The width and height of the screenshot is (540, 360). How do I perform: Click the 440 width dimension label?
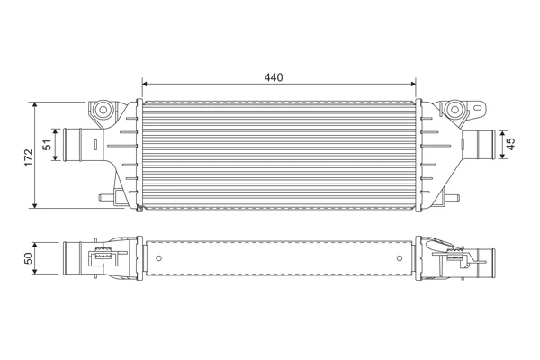[274, 77]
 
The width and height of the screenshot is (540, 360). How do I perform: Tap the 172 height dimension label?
[29, 157]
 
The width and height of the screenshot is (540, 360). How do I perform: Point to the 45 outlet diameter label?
[511, 144]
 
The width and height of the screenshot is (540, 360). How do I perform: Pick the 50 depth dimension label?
[29, 258]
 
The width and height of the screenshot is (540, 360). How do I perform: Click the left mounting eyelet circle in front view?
[103, 110]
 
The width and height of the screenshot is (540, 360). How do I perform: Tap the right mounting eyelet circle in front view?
[454, 110]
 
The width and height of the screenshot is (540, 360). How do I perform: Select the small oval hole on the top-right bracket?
[477, 108]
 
